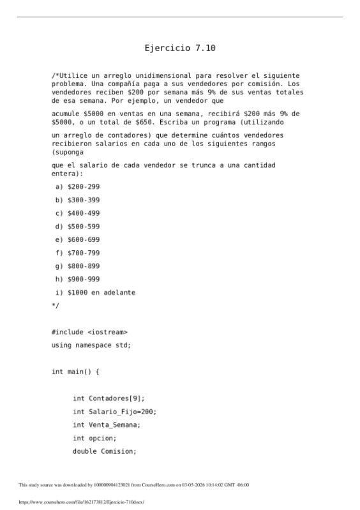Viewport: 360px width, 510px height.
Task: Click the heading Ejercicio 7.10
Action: [179, 48]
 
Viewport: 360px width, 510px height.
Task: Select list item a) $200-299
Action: [78, 186]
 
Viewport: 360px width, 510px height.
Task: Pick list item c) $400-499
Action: [78, 213]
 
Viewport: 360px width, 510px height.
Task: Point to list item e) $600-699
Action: [78, 240]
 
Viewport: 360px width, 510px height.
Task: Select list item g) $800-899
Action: [78, 266]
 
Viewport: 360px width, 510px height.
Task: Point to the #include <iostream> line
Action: [89, 332]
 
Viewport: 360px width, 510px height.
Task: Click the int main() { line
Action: [75, 371]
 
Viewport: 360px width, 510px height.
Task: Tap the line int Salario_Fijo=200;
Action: [114, 412]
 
